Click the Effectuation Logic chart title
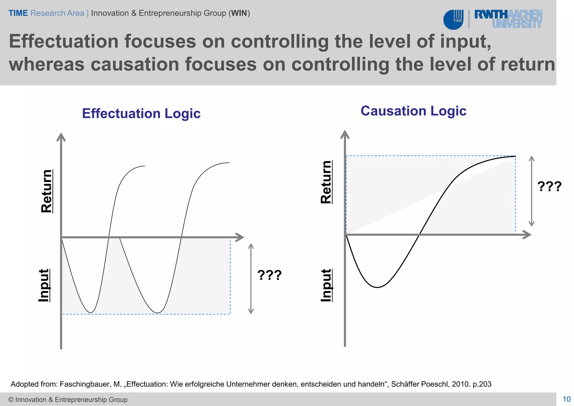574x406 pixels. click(141, 113)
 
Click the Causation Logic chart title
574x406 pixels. click(413, 111)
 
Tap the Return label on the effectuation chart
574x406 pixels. click(47, 191)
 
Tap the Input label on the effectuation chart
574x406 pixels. click(44, 285)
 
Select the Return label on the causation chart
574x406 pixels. click(326, 182)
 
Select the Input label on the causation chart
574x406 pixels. click(326, 285)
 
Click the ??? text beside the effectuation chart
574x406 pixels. click(269, 275)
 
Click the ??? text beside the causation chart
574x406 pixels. click(549, 186)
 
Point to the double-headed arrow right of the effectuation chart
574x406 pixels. click(251, 279)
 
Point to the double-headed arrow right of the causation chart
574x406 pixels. click(531, 191)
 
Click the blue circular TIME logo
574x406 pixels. click(453, 20)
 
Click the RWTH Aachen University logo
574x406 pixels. click(508, 19)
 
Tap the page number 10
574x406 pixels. click(566, 399)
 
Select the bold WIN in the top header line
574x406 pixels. click(239, 13)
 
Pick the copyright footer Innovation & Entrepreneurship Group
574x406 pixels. click(68, 400)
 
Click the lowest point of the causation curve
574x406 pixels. click(377, 287)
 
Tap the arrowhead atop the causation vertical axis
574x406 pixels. click(345, 134)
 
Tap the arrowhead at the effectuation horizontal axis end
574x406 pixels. click(240, 237)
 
